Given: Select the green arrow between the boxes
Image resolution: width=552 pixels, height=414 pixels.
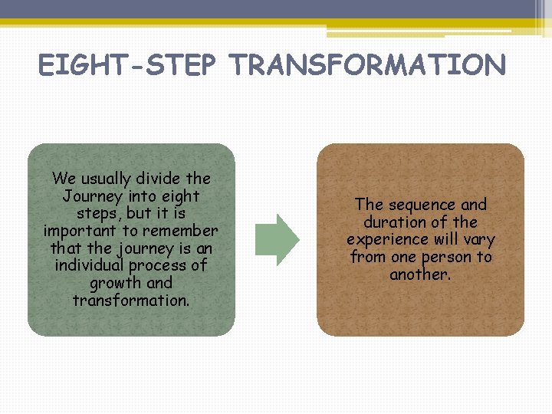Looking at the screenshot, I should pyautogui.click(x=277, y=240).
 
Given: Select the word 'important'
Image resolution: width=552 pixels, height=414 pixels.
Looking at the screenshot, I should pyautogui.click(x=80, y=231).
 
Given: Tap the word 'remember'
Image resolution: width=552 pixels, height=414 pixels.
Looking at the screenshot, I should pyautogui.click(x=183, y=231).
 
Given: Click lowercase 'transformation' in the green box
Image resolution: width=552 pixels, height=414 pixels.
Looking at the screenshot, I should pyautogui.click(x=130, y=301).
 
